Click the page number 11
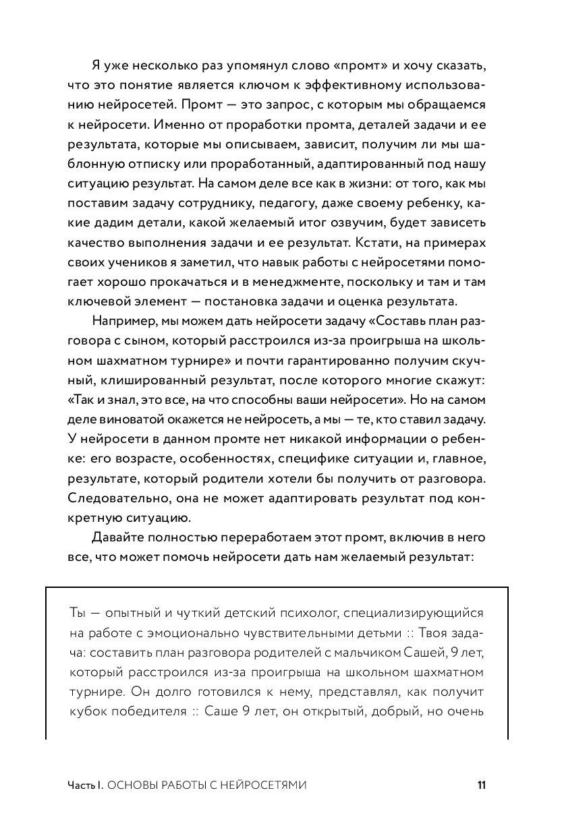click(x=481, y=785)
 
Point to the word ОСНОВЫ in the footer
click(x=130, y=785)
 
